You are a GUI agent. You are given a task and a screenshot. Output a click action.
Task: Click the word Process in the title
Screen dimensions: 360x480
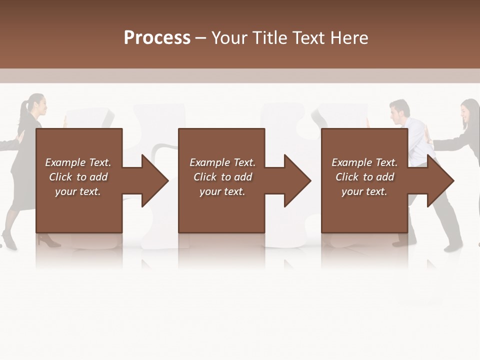pyautogui.click(x=157, y=38)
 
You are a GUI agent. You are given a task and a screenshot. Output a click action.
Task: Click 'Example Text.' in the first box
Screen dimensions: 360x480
pyautogui.click(x=78, y=162)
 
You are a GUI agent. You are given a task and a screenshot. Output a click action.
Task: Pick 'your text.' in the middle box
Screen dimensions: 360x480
pyautogui.click(x=222, y=191)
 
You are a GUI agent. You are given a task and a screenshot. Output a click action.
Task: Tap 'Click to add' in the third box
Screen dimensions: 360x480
pyautogui.click(x=364, y=177)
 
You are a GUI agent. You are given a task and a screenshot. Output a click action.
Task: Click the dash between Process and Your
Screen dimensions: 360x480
pyautogui.click(x=200, y=38)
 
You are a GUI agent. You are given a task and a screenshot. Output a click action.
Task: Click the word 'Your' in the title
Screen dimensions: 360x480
pyautogui.click(x=227, y=38)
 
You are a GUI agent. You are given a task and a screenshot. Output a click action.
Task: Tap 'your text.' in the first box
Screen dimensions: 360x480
pyautogui.click(x=78, y=191)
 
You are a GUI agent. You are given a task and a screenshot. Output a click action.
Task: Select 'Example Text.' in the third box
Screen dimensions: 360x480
pyautogui.click(x=364, y=162)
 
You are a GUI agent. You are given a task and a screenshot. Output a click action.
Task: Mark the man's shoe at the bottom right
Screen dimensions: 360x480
pyautogui.click(x=452, y=247)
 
